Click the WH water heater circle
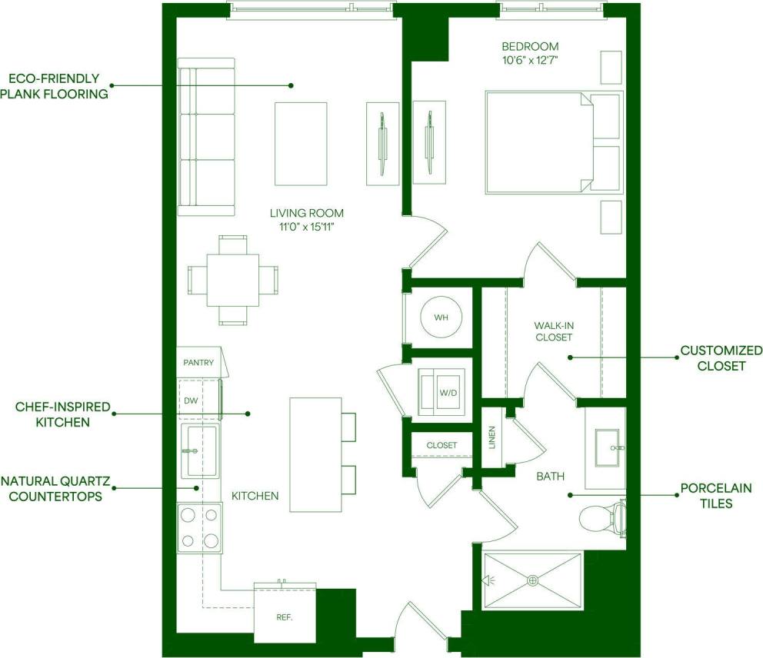point(441,317)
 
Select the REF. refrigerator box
point(285,616)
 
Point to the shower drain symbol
point(532,581)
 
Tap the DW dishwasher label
point(191,400)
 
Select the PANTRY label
point(198,362)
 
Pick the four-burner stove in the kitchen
point(200,527)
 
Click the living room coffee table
point(301,144)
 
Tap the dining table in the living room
point(233,279)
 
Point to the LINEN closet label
point(492,437)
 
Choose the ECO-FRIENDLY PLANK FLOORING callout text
point(54,86)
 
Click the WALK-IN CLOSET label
point(554,331)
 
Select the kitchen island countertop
point(315,454)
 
